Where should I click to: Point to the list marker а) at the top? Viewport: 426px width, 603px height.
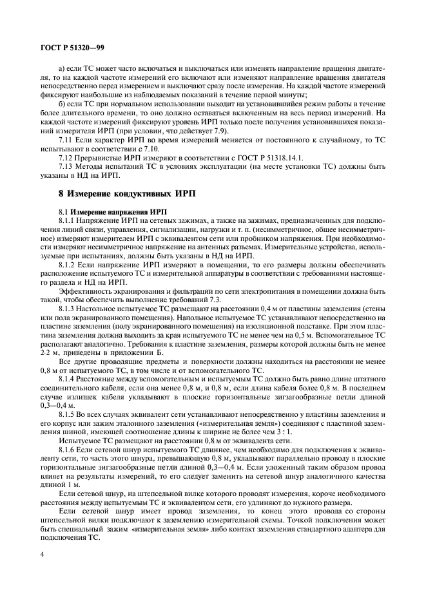(x=62, y=68)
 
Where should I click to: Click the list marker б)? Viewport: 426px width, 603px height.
(x=62, y=104)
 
